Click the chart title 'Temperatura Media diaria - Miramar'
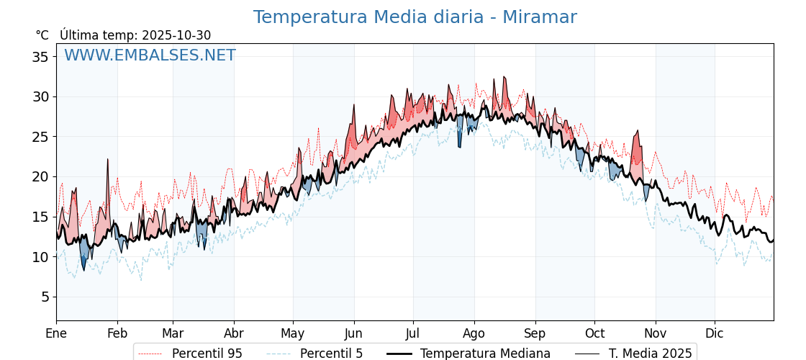[x=415, y=17]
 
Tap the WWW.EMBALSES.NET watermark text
[x=150, y=55]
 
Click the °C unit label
[x=42, y=35]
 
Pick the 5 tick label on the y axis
[x=44, y=297]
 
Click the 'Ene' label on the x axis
[x=56, y=333]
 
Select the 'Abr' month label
[x=234, y=333]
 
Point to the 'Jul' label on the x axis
[x=413, y=333]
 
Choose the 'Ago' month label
[x=474, y=333]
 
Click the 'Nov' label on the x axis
[x=656, y=333]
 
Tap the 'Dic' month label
[x=715, y=333]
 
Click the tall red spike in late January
[x=108, y=161]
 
